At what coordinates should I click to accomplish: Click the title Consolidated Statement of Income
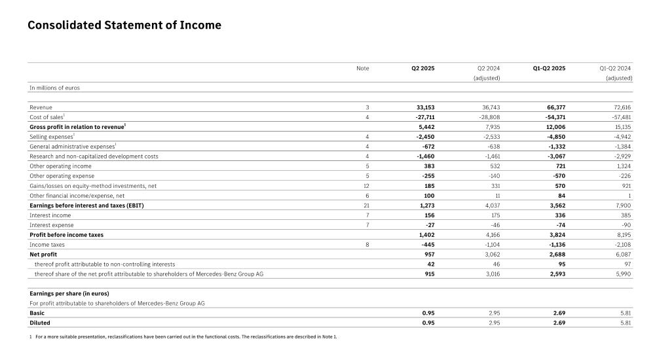(124, 26)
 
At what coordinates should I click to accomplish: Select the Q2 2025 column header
(422, 68)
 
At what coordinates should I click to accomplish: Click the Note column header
(362, 68)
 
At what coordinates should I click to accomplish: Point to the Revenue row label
(41, 106)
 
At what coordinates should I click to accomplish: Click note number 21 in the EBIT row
(367, 205)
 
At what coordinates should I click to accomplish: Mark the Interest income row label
(49, 215)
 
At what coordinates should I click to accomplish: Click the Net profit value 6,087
(622, 254)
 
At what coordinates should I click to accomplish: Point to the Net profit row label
(44, 254)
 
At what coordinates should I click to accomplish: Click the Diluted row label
(40, 323)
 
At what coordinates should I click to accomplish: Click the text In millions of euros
(54, 87)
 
